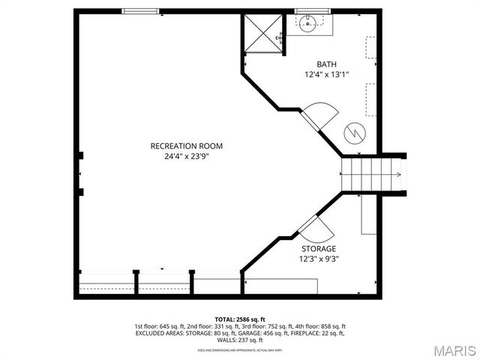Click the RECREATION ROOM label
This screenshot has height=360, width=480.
[x=186, y=145]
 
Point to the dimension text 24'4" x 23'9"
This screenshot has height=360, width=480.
[x=186, y=157]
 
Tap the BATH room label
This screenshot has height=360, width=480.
[x=326, y=64]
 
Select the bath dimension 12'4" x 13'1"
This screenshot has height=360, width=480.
[x=326, y=75]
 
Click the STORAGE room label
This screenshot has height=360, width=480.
[x=319, y=248]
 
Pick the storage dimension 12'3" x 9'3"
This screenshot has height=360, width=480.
[x=319, y=259]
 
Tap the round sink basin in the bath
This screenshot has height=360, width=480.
[x=307, y=24]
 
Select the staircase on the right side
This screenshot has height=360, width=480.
[x=373, y=174]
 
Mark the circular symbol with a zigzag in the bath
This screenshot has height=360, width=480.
[x=353, y=133]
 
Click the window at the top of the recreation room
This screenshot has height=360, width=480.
[x=141, y=11]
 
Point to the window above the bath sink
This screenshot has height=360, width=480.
[x=307, y=11]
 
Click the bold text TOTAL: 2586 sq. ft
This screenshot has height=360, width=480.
[x=240, y=319]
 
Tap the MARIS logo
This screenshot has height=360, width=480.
[x=449, y=349]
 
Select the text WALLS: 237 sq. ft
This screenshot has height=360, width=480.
[x=240, y=340]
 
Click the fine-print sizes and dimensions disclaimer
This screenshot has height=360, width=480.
[x=240, y=349]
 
